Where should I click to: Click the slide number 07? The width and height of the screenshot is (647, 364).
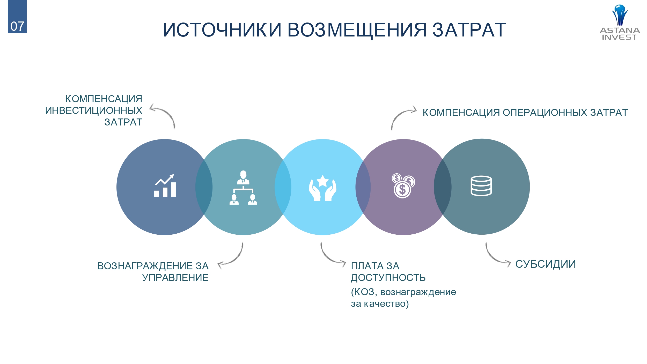tap(17, 26)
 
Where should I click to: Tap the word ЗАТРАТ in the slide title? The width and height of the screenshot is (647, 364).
tap(469, 30)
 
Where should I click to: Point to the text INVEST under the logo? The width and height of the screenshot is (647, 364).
tap(619, 37)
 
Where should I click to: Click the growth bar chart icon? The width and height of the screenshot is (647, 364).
tap(165, 185)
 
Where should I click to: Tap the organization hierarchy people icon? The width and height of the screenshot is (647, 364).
tap(243, 188)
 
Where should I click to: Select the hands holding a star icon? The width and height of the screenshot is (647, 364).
tap(322, 188)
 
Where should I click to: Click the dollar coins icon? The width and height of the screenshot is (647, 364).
tap(403, 186)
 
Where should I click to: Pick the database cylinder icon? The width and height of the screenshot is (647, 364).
tap(481, 186)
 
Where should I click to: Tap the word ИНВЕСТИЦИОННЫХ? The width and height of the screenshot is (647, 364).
tap(94, 110)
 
